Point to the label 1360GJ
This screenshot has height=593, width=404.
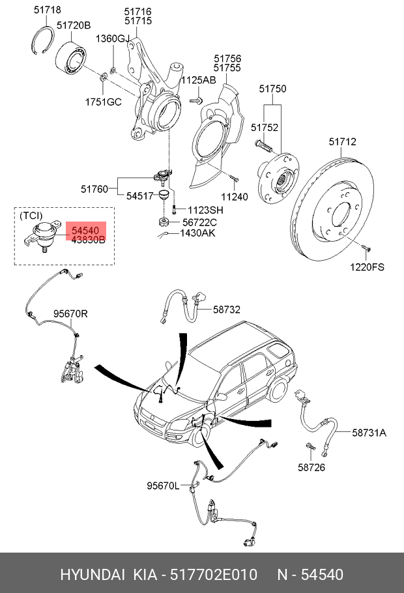(113, 39)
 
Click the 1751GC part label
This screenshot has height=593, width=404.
(103, 102)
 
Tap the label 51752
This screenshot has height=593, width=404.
(265, 128)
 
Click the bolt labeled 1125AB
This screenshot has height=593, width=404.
(195, 100)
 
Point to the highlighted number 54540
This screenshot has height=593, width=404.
(85, 231)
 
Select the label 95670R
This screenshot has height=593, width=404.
(70, 313)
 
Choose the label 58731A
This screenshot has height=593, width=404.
(369, 432)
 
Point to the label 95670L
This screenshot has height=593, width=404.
(163, 485)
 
